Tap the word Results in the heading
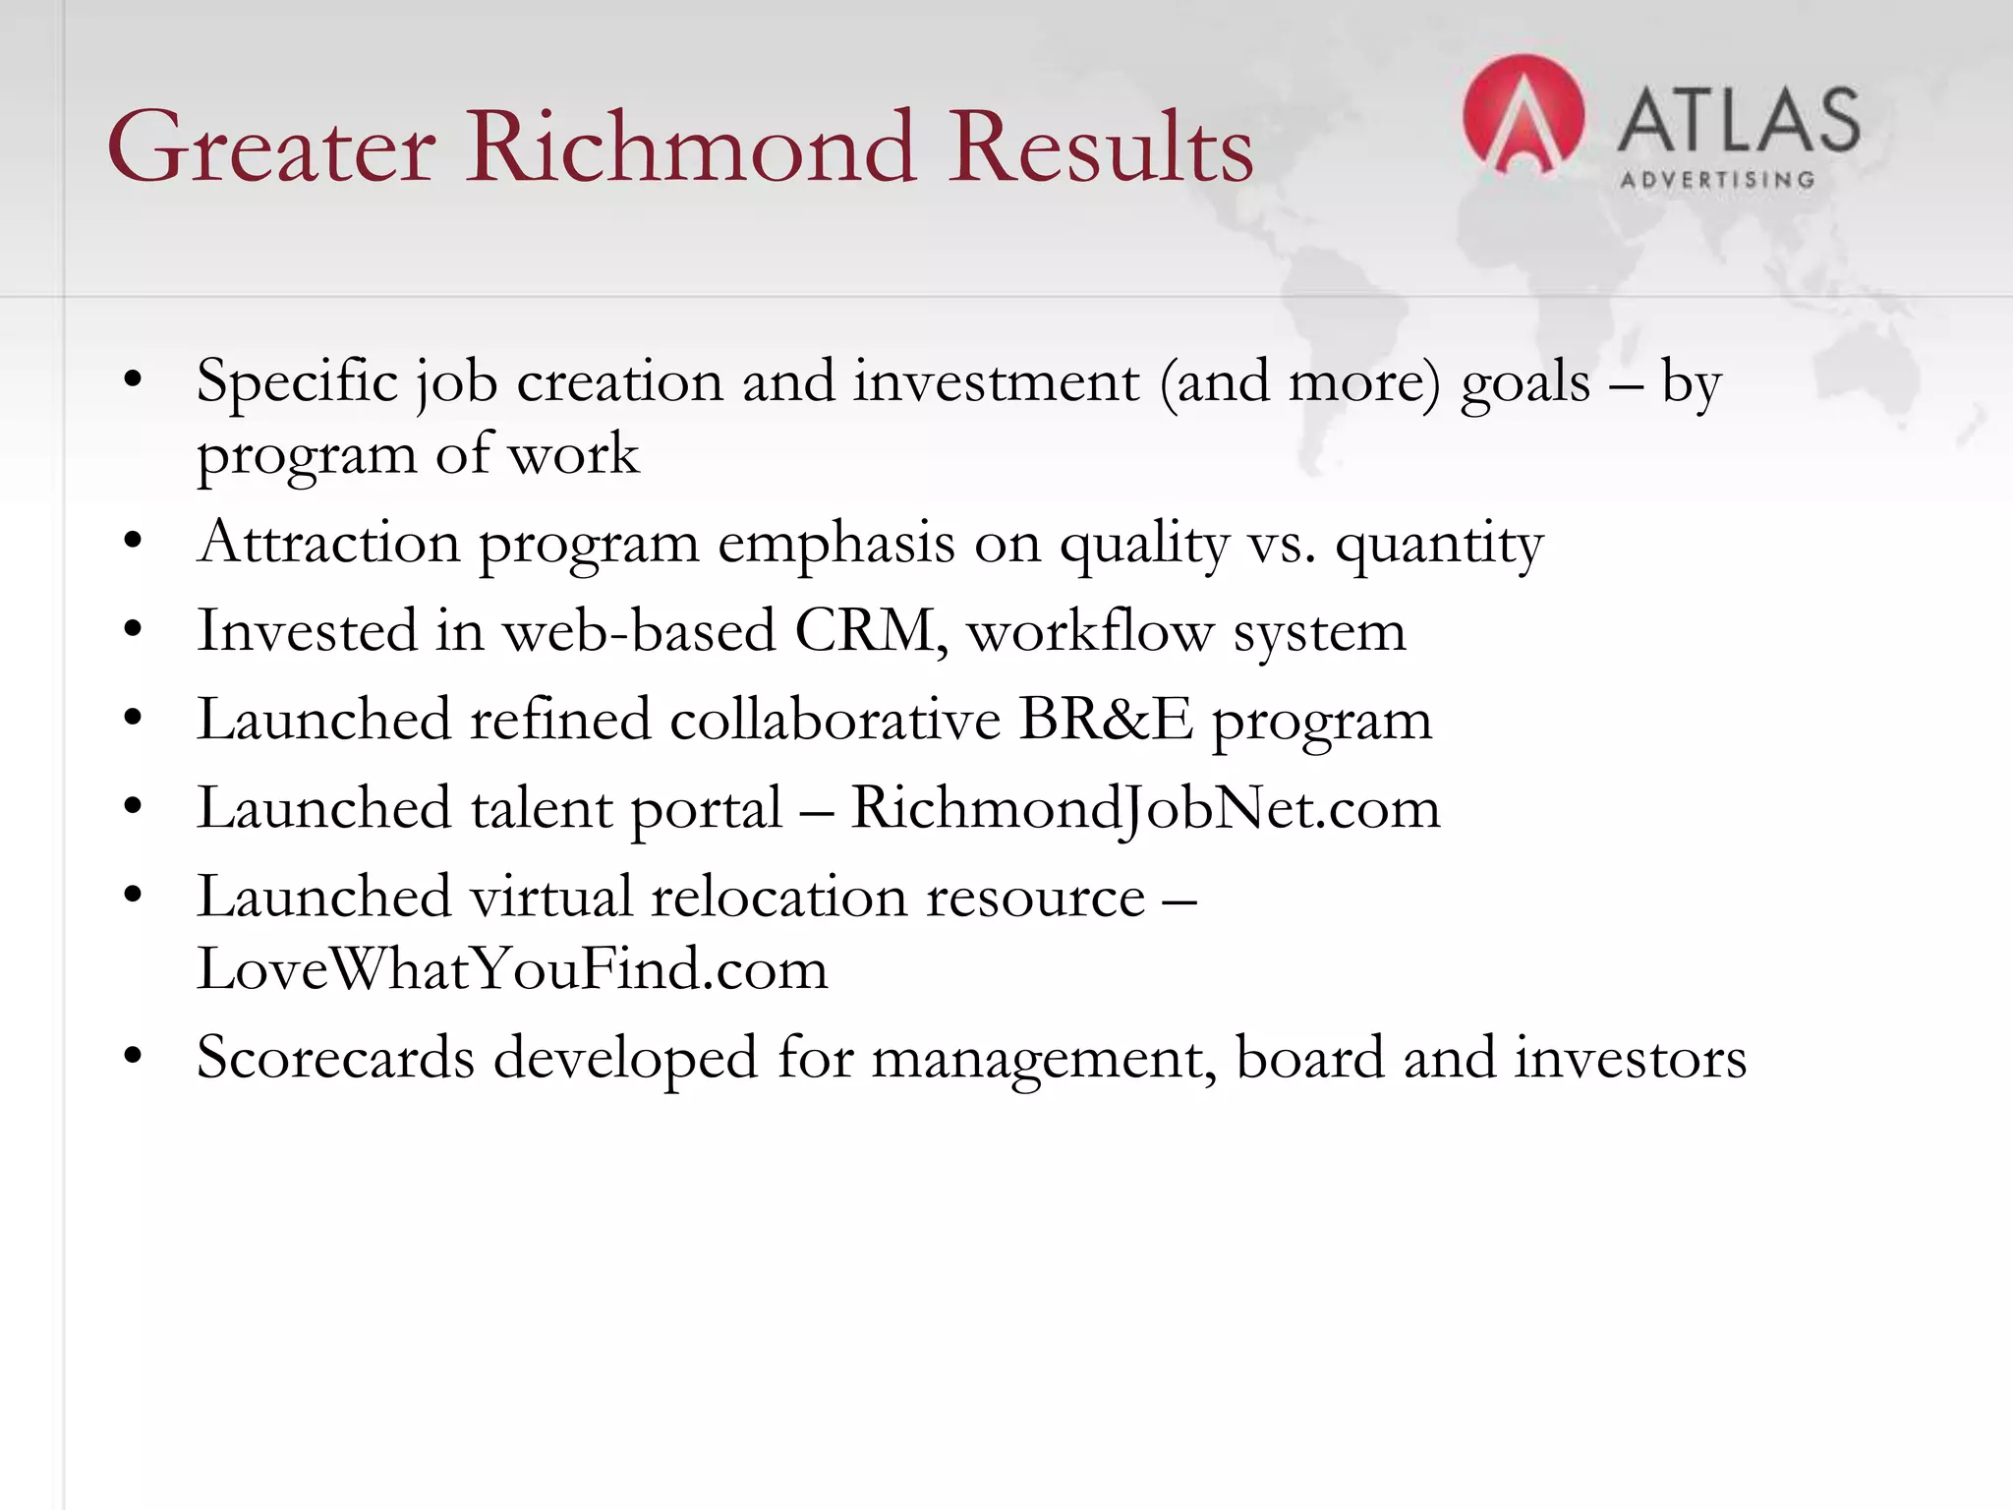click(1101, 147)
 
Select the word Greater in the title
click(271, 147)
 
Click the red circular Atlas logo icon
click(1523, 116)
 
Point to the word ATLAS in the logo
click(1738, 120)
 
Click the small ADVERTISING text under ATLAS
click(1716, 180)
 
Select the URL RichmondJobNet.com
click(1144, 808)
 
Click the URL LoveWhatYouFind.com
click(512, 969)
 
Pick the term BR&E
click(1105, 720)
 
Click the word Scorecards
click(335, 1058)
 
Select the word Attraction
click(328, 543)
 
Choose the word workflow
click(1090, 631)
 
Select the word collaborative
click(834, 720)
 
